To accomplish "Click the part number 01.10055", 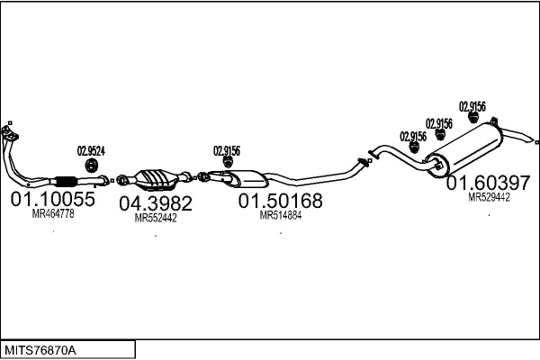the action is (53, 199).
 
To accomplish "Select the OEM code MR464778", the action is (53, 213).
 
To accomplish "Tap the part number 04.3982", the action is (156, 203).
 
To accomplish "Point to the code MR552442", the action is (156, 218).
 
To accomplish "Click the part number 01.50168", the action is (280, 201).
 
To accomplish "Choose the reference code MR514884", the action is (281, 215).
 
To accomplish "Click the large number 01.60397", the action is (489, 183).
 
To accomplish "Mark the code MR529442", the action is (489, 197).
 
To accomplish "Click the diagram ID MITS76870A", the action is (40, 350).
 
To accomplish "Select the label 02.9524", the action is (91, 151).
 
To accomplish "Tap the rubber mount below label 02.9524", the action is (92, 166).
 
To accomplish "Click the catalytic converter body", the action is (157, 179).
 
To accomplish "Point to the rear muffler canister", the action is (463, 150).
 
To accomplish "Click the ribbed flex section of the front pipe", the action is (66, 181).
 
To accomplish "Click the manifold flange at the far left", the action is (9, 132).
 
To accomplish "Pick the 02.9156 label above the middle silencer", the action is (227, 151).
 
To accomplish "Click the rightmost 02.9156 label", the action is (472, 106).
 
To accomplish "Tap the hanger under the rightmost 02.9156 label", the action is (473, 118).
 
